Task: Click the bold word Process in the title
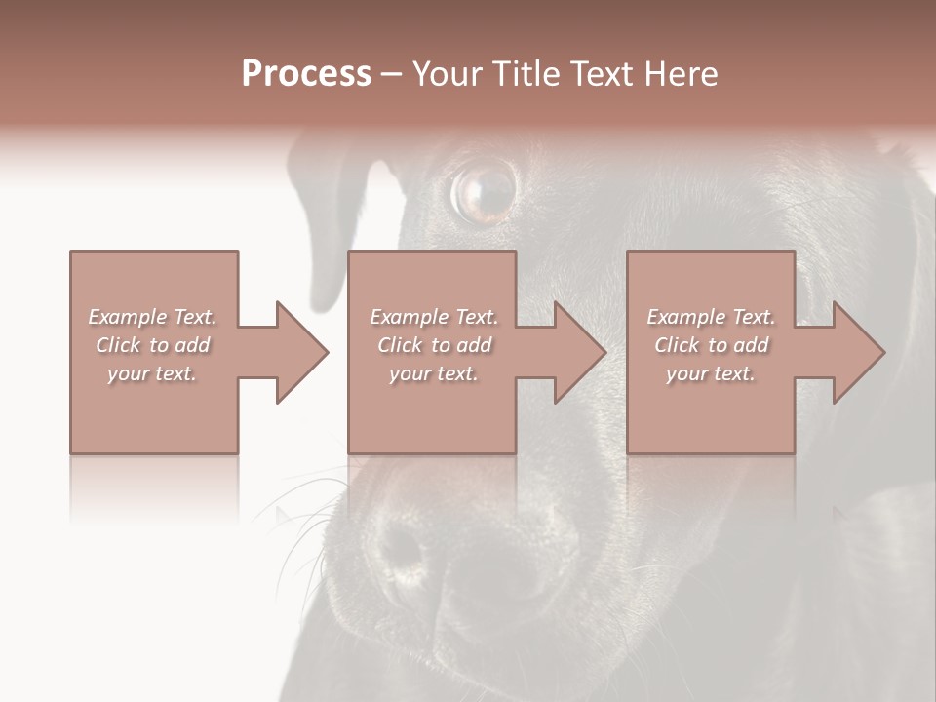306,74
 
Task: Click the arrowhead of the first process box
302,352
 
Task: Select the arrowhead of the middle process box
580,352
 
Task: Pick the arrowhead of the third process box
859,352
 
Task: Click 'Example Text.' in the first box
152,317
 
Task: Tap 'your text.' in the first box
152,373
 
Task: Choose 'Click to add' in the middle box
434,345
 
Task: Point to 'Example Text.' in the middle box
434,317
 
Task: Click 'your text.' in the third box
711,373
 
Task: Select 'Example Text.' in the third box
711,317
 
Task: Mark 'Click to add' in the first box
152,345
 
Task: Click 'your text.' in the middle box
434,373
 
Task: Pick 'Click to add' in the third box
711,345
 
